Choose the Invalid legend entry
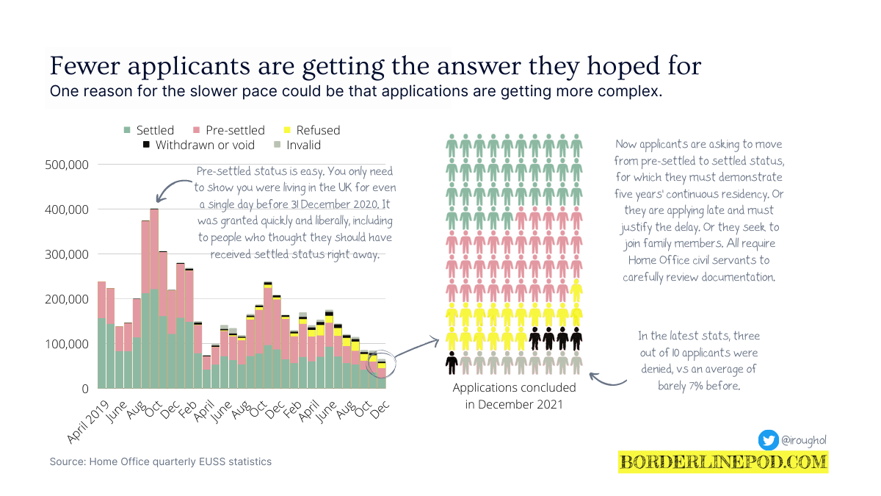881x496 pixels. click(x=297, y=145)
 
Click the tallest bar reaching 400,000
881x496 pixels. click(x=154, y=294)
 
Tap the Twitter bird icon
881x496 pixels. click(x=769, y=440)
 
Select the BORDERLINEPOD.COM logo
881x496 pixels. click(x=723, y=462)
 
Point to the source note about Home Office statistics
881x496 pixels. click(x=161, y=461)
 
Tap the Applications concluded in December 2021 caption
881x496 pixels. click(x=514, y=395)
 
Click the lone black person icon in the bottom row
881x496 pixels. click(x=452, y=362)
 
